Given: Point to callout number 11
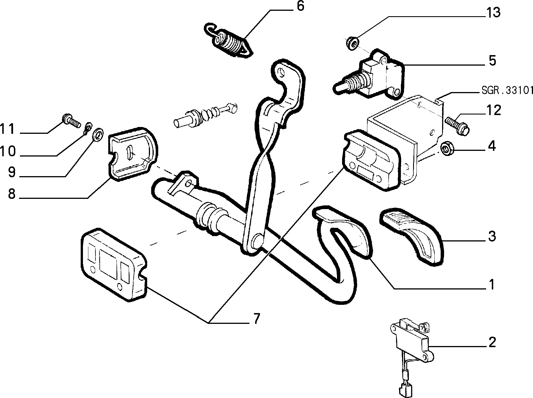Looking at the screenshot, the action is [x=7, y=129].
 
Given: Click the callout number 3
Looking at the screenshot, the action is [x=492, y=236].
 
